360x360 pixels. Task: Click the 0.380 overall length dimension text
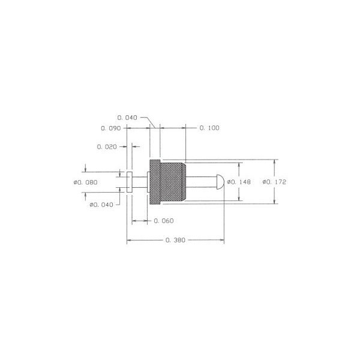(175, 240)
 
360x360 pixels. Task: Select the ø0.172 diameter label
(274, 182)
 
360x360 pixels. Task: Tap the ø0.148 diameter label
(239, 182)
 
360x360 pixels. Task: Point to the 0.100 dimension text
(209, 128)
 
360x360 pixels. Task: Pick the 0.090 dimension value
(110, 128)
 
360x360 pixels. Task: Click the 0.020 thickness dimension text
(107, 147)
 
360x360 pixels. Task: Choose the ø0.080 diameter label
(86, 182)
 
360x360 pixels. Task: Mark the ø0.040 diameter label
(101, 205)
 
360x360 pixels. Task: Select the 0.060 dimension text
(164, 221)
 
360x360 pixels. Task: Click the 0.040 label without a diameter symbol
(127, 118)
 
